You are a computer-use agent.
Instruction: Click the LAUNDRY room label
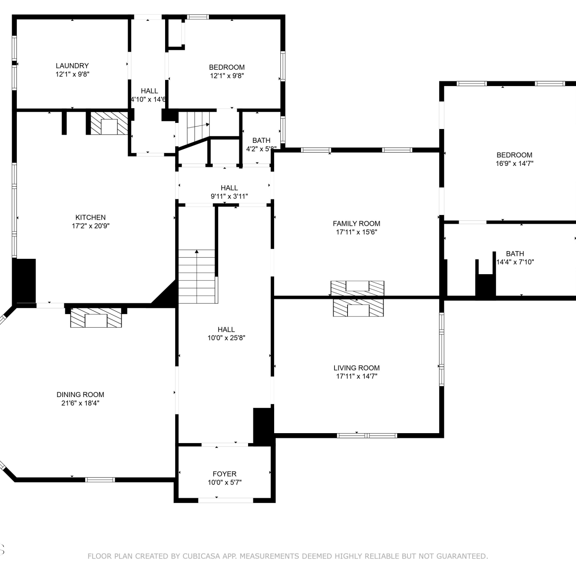click(72, 66)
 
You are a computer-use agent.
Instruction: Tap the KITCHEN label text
click(91, 217)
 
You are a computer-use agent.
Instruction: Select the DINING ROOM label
click(80, 394)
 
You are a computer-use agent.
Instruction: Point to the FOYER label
click(225, 474)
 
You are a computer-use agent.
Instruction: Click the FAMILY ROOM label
click(356, 223)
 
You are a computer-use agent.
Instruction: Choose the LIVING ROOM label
click(356, 368)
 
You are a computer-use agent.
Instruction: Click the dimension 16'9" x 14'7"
click(515, 163)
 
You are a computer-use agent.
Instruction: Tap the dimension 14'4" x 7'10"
click(515, 262)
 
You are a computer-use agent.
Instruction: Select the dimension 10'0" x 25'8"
click(226, 338)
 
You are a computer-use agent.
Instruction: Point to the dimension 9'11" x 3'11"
click(229, 196)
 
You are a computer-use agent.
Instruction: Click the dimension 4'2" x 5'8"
click(261, 149)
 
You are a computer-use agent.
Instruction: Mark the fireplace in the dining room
click(96, 318)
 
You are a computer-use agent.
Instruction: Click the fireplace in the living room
click(358, 308)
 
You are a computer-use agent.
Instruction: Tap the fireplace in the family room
click(358, 288)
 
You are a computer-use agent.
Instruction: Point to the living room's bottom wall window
click(367, 435)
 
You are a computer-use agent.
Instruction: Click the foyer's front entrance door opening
click(225, 500)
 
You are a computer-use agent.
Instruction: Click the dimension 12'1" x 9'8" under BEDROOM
click(227, 76)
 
